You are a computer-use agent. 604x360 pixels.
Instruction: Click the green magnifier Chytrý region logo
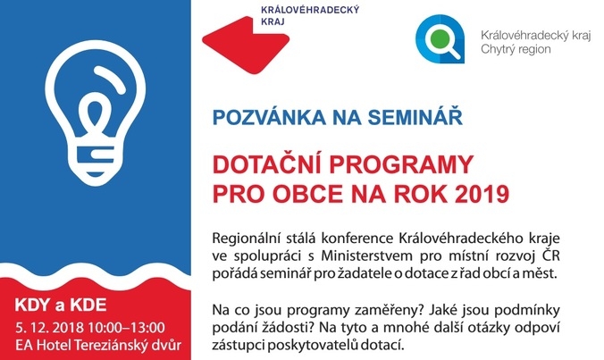click(440, 39)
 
